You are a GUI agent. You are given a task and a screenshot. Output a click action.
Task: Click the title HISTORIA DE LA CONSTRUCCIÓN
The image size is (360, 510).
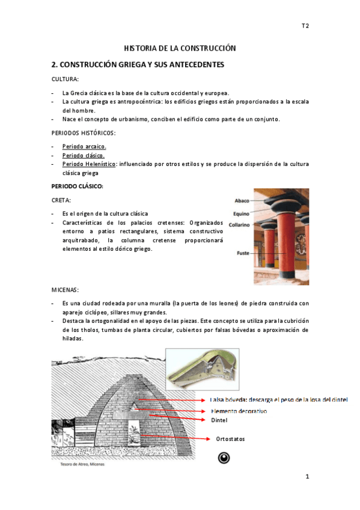(x=180, y=48)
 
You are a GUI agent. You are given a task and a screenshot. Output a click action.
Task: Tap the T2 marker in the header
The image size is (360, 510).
(x=305, y=26)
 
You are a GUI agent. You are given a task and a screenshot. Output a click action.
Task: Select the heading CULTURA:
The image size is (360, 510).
(x=64, y=79)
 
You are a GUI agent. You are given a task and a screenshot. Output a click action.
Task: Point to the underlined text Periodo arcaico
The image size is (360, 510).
(x=84, y=146)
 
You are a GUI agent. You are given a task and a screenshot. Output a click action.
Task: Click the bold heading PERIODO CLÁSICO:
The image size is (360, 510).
(x=78, y=186)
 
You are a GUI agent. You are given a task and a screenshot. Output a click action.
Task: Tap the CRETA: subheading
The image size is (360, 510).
(x=62, y=200)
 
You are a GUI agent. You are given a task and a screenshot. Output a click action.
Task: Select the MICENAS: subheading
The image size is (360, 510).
(x=66, y=290)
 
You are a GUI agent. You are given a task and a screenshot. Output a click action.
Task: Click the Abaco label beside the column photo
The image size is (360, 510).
(x=242, y=201)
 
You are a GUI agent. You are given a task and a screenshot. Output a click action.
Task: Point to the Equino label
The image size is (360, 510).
(x=241, y=214)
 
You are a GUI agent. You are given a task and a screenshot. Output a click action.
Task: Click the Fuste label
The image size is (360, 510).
(x=242, y=253)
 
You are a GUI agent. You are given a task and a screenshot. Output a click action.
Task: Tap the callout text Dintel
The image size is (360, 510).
(x=219, y=421)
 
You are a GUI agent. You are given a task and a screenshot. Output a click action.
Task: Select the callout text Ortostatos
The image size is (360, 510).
(x=231, y=439)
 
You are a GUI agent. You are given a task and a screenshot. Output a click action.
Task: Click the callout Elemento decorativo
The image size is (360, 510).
(x=239, y=411)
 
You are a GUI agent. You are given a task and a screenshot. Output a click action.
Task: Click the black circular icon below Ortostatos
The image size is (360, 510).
(x=224, y=458)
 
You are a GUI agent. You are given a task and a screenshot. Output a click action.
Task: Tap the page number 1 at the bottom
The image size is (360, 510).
(x=307, y=477)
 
